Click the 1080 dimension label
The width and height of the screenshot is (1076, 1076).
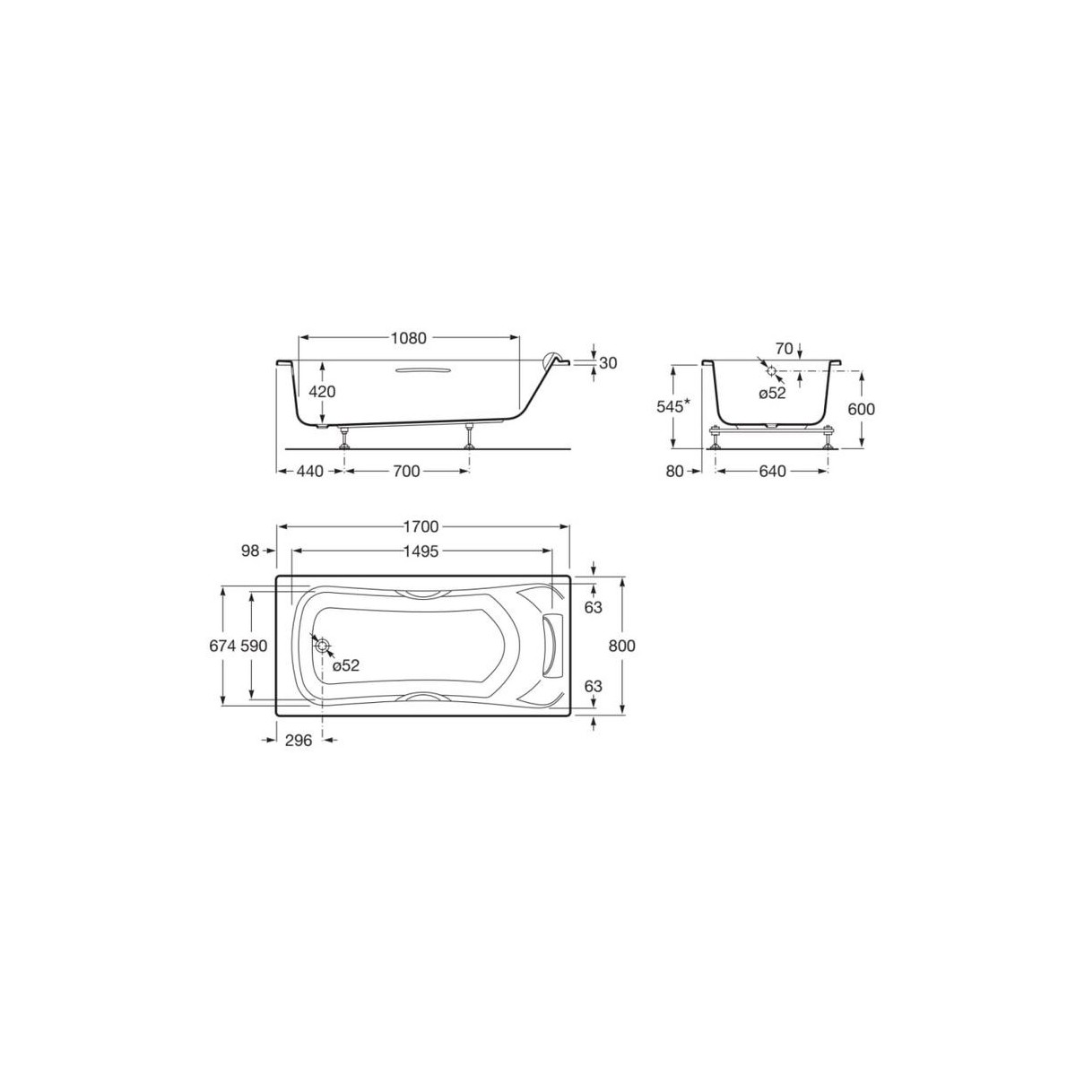tap(408, 339)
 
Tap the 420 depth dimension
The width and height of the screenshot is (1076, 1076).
tap(322, 391)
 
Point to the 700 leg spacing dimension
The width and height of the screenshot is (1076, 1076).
tap(406, 472)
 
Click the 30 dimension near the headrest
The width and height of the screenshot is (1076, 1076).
tap(608, 363)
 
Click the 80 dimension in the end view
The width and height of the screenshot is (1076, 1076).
tap(675, 472)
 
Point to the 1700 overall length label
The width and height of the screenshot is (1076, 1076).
tap(421, 527)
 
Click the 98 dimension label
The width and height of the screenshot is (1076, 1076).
tap(250, 551)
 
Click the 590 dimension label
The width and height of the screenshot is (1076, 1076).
tap(254, 646)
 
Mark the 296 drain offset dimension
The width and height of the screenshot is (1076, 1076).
tap(298, 741)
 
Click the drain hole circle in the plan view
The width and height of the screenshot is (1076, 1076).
tap(323, 646)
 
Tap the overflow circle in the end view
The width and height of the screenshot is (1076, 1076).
tap(771, 370)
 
